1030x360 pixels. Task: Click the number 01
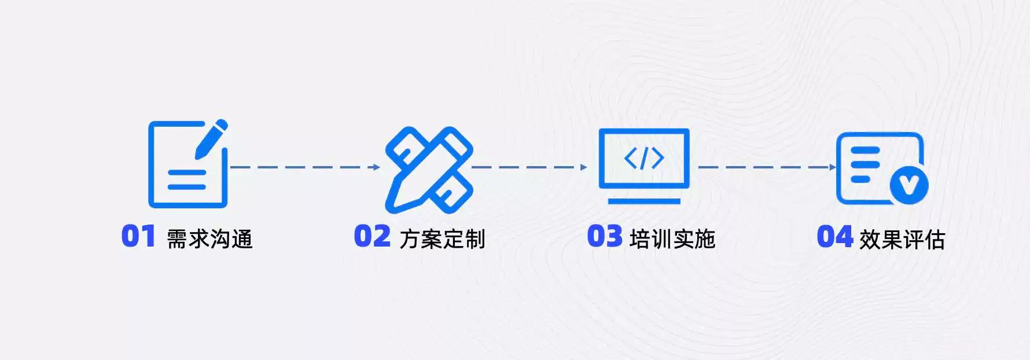pos(138,236)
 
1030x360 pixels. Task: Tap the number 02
pos(372,236)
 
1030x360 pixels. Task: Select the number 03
pos(605,236)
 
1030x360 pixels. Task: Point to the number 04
pos(834,236)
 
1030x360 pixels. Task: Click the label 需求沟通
pos(209,239)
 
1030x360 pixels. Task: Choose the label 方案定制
pos(442,239)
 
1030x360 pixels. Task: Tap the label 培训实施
pos(672,239)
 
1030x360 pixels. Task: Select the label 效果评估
pos(902,239)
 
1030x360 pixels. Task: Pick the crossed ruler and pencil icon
pos(429,170)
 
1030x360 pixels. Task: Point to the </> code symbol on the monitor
pos(644,158)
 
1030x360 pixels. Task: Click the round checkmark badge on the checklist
pos(908,185)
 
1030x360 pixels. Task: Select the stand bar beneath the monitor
pos(644,201)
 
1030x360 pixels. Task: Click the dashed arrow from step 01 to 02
pos(304,167)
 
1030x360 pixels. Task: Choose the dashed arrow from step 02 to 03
pos(529,167)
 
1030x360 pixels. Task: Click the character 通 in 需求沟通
pos(242,239)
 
